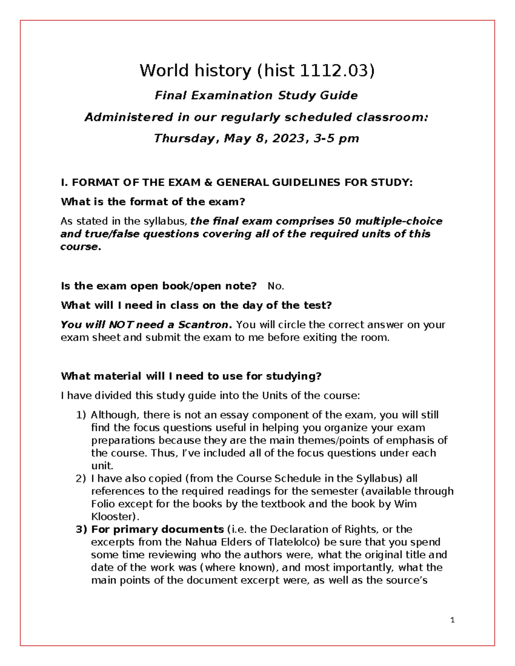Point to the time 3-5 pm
click(336, 139)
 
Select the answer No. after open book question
click(276, 286)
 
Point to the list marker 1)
click(81, 415)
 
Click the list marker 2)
click(81, 479)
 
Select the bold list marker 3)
click(81, 529)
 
